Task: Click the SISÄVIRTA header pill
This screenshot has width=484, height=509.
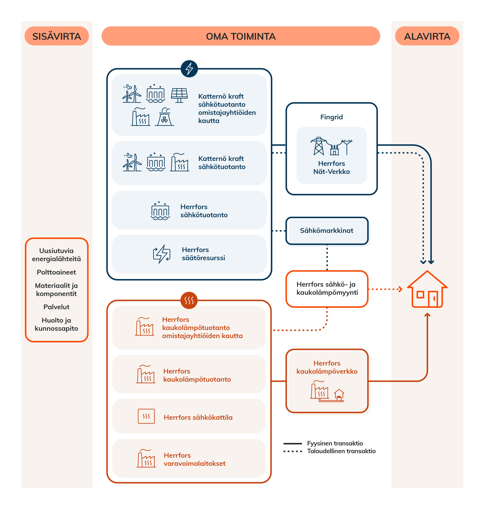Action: point(56,36)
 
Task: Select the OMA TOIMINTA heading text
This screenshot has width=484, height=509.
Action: point(241,36)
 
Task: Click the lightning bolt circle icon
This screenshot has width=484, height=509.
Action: point(189,69)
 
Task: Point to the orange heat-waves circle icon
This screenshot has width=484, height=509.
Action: point(189,300)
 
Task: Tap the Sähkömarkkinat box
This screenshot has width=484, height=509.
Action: point(327,231)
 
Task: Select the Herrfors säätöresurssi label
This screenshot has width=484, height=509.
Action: point(203,254)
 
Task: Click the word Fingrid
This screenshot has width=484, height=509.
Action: point(331,117)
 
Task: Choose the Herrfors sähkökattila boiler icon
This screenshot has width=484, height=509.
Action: point(146,416)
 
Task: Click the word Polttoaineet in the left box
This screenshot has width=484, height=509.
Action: point(56,272)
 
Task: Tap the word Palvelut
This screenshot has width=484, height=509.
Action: point(56,307)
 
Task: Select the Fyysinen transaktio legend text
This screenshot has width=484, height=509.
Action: point(335,443)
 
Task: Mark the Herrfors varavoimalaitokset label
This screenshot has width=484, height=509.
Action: point(194,459)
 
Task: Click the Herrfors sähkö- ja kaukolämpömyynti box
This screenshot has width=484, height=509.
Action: point(327,289)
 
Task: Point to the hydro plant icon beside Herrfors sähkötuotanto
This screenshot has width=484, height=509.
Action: point(160,211)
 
